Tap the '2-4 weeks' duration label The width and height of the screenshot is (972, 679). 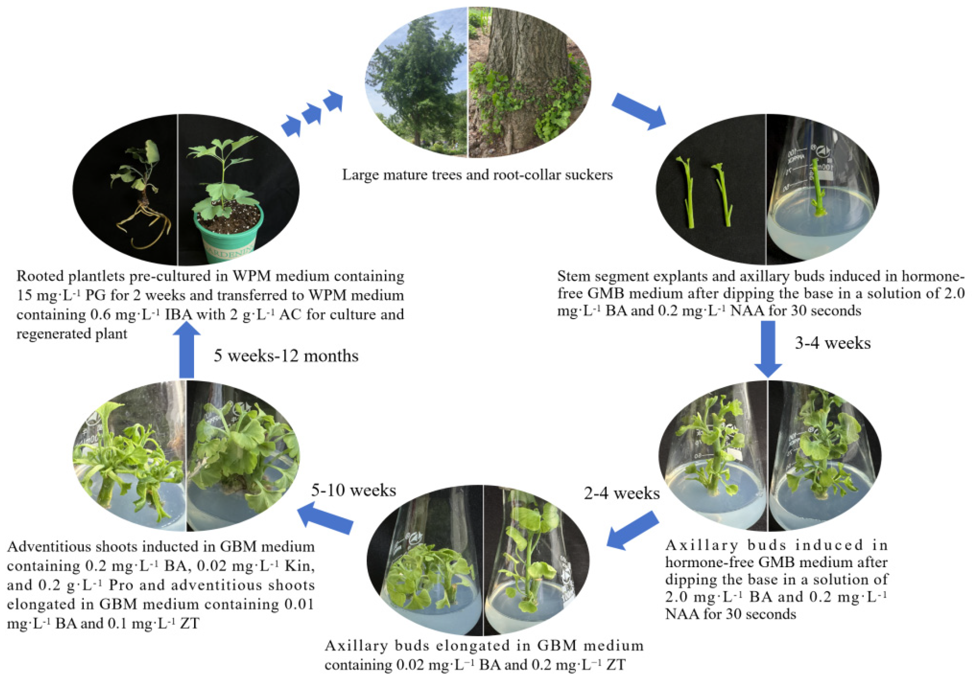[622, 493]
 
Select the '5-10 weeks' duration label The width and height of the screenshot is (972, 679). [354, 490]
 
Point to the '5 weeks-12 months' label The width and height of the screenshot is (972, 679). [286, 356]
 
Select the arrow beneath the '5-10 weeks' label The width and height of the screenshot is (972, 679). [326, 518]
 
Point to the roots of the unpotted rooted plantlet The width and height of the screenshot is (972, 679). [144, 224]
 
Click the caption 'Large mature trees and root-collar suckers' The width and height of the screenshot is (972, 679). [477, 175]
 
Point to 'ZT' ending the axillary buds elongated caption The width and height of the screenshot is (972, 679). [616, 665]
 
